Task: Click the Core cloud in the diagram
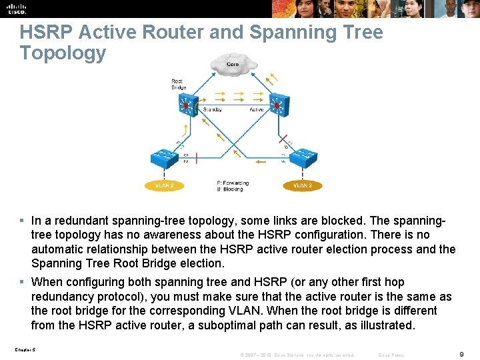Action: click(x=233, y=65)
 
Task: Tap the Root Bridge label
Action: click(x=178, y=85)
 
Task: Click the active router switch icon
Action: click(x=277, y=104)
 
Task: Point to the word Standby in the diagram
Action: click(x=213, y=109)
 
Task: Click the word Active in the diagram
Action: click(x=256, y=109)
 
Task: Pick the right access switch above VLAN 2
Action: click(x=303, y=157)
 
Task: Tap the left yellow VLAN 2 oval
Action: click(x=163, y=185)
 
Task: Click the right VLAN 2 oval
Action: click(x=303, y=185)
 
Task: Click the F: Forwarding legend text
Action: click(x=233, y=183)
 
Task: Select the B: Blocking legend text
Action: click(x=230, y=189)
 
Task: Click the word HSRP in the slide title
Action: click(x=43, y=33)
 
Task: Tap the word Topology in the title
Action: click(x=63, y=53)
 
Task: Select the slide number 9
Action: click(x=461, y=355)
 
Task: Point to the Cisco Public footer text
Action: click(x=391, y=355)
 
